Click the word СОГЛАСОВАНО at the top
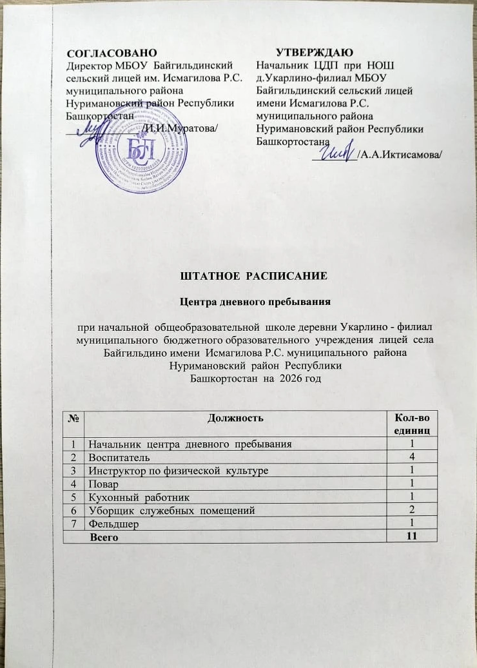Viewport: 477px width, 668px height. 112,50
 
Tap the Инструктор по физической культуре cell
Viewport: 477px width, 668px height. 178,471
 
